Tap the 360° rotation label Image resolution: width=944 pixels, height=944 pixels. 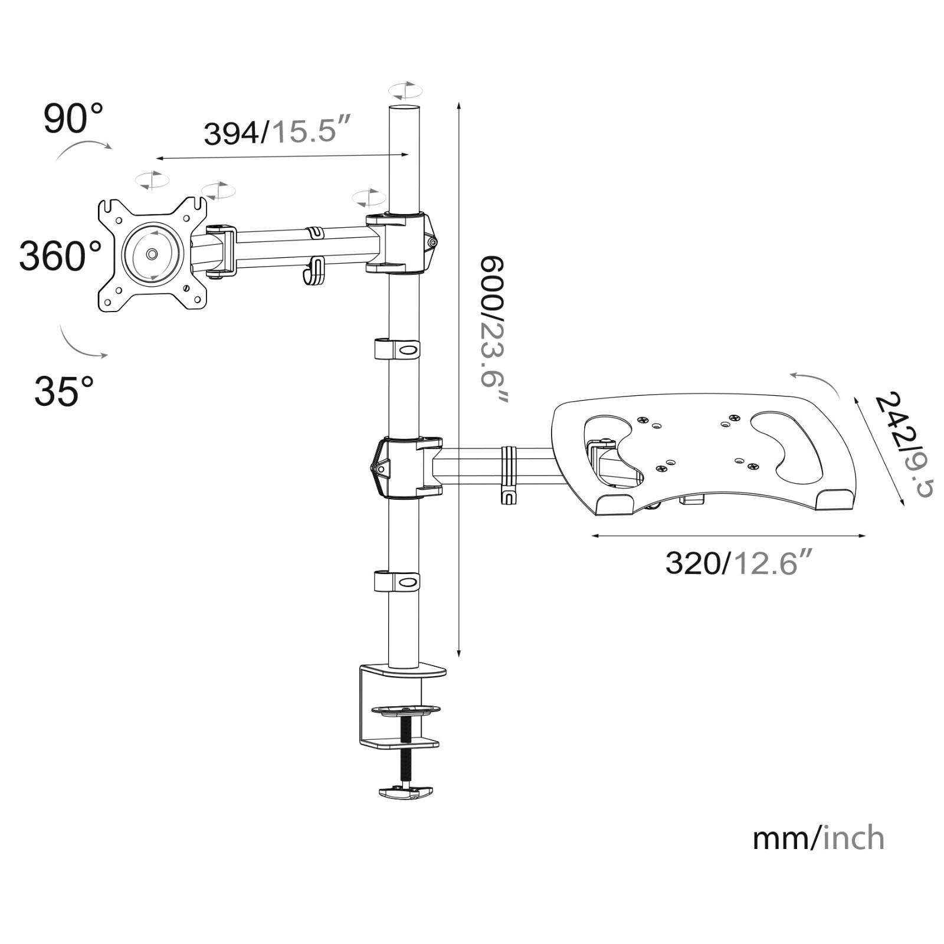[x=60, y=255]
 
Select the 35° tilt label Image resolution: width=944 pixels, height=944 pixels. [x=64, y=390]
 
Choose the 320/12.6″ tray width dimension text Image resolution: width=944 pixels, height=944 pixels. [x=740, y=562]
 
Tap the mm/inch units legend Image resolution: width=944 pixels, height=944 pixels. [x=818, y=838]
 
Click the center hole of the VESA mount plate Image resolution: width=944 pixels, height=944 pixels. [x=152, y=254]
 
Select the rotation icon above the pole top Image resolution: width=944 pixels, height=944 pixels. [x=405, y=91]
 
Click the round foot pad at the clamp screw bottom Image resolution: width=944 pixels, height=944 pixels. [x=405, y=792]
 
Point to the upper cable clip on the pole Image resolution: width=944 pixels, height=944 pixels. [x=397, y=349]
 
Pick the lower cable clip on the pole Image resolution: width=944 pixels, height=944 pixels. [x=397, y=581]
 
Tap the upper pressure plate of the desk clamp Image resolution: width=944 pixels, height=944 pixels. [x=405, y=709]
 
